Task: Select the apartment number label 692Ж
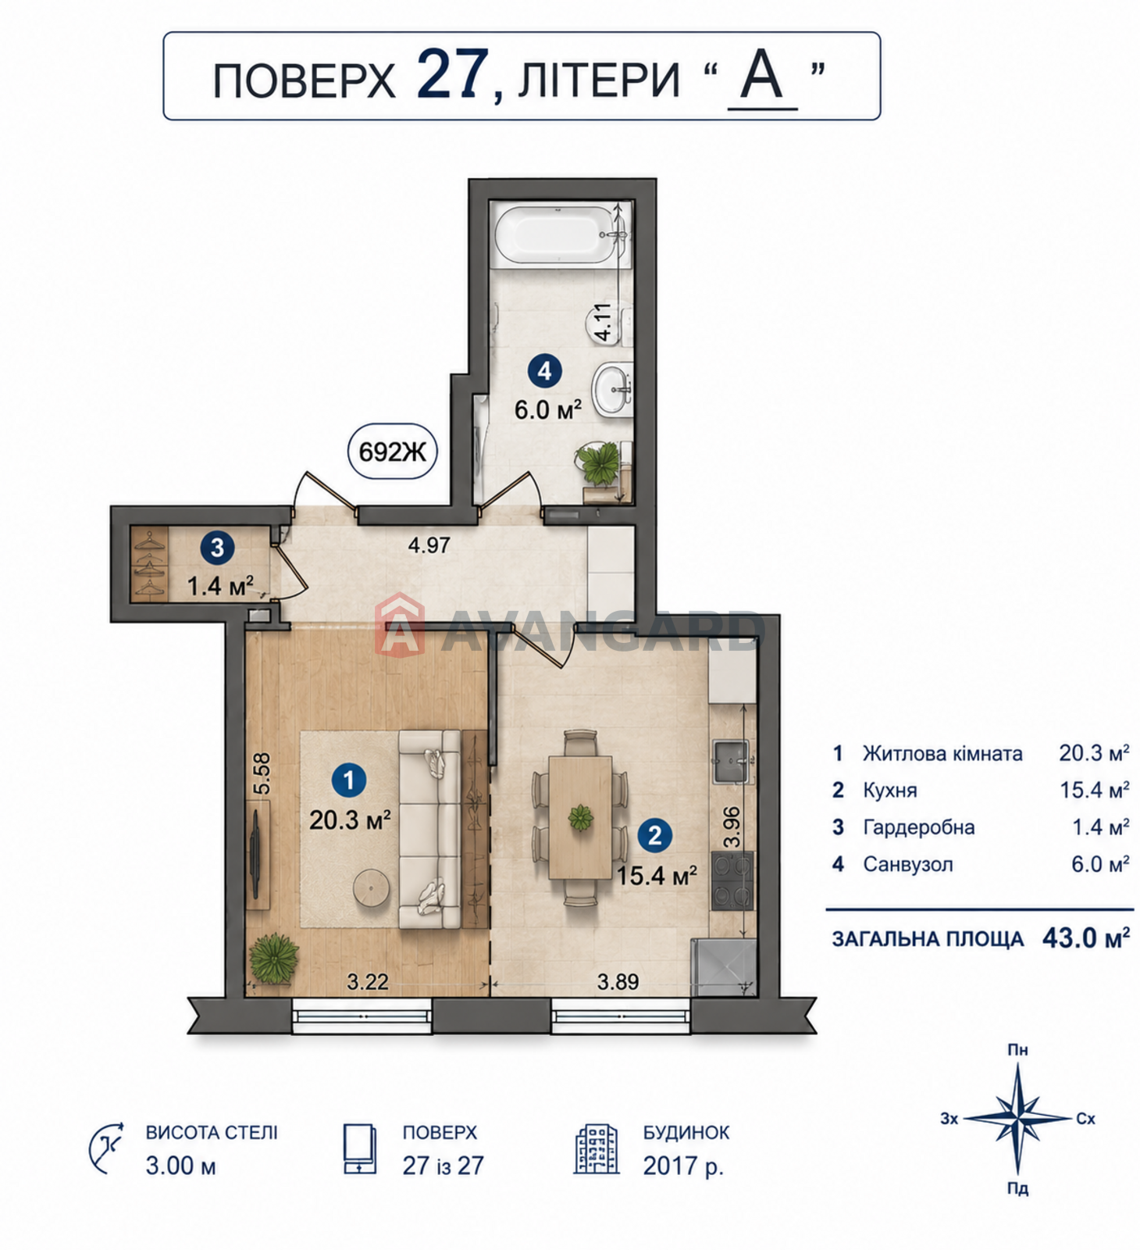(392, 451)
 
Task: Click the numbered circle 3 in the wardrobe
(217, 548)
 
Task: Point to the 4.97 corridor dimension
(429, 545)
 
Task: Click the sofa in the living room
(429, 829)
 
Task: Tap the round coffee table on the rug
(372, 888)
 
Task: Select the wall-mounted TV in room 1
(256, 855)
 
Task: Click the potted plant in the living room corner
(273, 958)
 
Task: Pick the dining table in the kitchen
(580, 817)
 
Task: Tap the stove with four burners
(732, 880)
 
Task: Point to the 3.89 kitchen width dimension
(618, 981)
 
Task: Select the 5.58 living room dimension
(262, 773)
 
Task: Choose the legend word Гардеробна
(919, 827)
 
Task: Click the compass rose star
(1018, 1119)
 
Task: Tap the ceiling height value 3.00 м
(180, 1166)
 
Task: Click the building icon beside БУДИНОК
(597, 1150)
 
